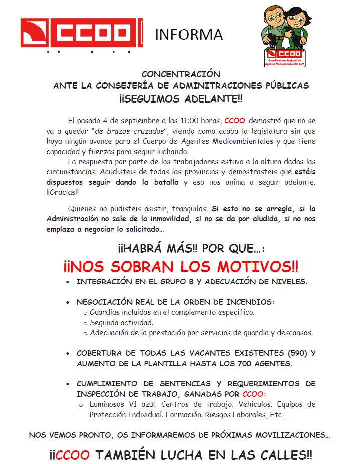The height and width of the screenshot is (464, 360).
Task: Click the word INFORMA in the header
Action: (189, 34)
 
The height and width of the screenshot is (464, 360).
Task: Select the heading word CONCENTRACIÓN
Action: (181, 74)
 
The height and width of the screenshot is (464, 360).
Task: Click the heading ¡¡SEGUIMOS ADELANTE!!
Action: (181, 98)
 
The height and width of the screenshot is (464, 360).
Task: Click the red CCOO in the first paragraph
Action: (234, 121)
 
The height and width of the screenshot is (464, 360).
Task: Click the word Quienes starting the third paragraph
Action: (83, 208)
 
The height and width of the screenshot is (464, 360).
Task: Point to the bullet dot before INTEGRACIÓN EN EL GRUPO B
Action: (68, 282)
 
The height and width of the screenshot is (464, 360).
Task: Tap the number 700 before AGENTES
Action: (245, 363)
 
